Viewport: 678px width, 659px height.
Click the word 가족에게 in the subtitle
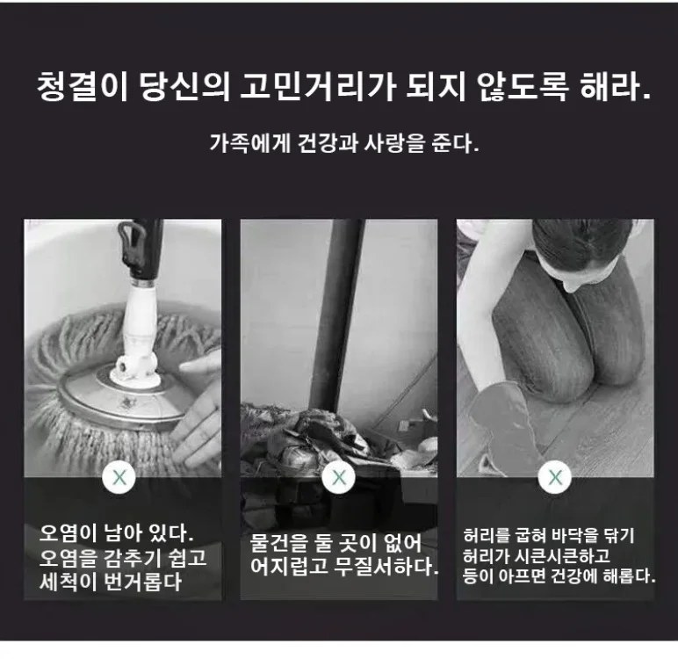249,143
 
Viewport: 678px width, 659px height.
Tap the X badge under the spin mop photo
119,478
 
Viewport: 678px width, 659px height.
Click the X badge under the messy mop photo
339,478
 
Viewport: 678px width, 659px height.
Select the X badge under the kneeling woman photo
555,478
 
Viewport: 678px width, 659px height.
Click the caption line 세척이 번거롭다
111,582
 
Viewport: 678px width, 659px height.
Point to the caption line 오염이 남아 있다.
116,533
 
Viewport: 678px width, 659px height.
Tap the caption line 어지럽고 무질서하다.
344,567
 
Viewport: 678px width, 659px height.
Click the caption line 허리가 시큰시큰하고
537,556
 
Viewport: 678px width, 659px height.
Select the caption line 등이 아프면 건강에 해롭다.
559,576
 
